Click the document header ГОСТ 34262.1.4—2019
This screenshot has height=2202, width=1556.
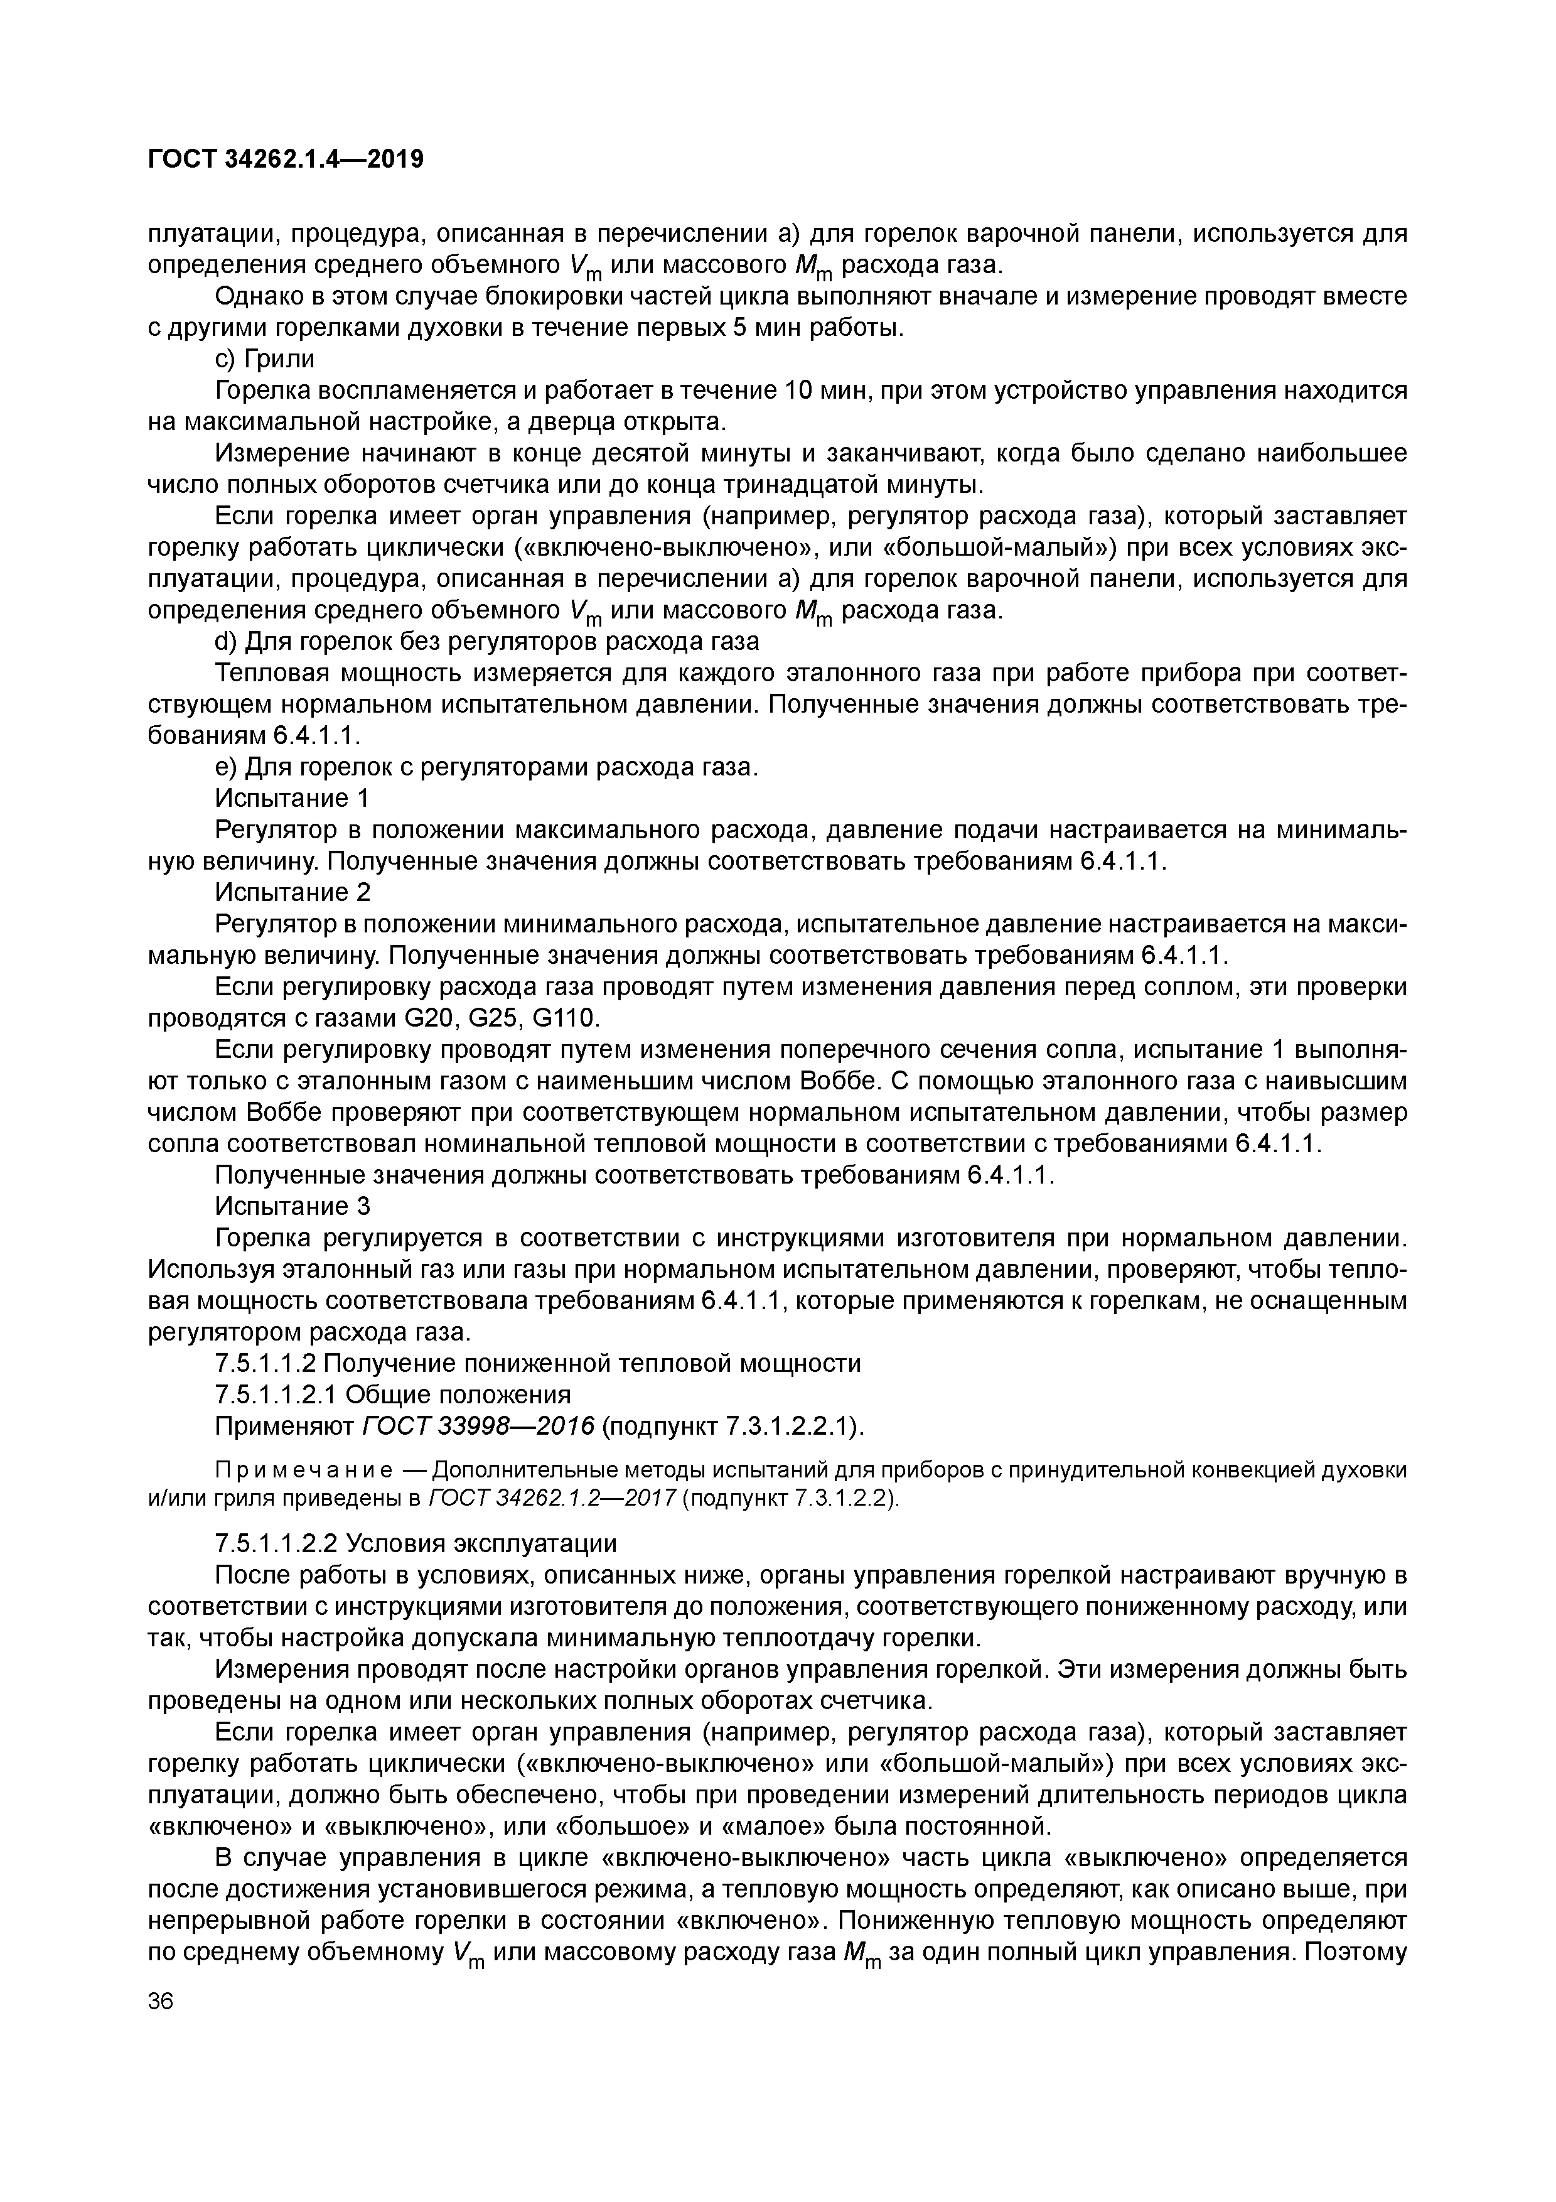pyautogui.click(x=286, y=159)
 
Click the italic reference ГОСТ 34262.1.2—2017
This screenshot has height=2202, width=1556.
pyautogui.click(x=553, y=1499)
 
